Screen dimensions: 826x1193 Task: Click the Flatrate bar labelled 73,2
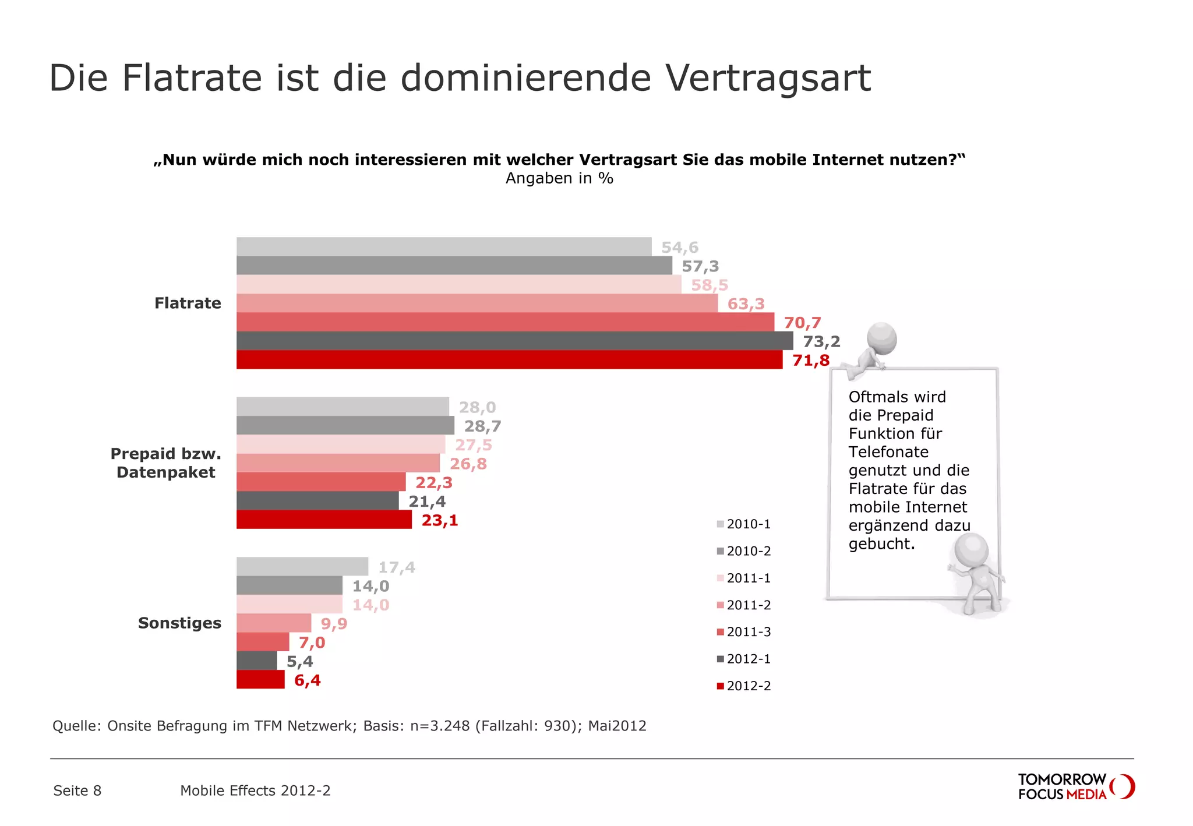[514, 341]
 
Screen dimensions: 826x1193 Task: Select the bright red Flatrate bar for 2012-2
[509, 360]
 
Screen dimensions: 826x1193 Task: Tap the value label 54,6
[680, 248]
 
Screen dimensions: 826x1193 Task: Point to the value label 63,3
[746, 304]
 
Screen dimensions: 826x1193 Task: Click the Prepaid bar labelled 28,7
[345, 426]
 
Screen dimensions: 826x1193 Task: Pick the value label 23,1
[440, 520]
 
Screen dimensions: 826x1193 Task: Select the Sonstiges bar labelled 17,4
[302, 567]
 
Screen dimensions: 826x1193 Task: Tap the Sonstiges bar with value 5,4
[256, 661]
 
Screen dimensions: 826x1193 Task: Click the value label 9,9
[334, 624]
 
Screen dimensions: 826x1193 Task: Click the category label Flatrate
[188, 303]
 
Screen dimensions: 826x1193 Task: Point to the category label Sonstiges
[179, 623]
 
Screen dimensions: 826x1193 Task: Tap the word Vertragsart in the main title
[768, 78]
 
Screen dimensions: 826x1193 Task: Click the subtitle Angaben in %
[559, 178]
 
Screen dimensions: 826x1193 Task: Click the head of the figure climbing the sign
[881, 338]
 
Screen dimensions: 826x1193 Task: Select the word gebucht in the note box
[881, 544]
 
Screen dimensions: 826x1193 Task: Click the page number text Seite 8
[77, 790]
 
